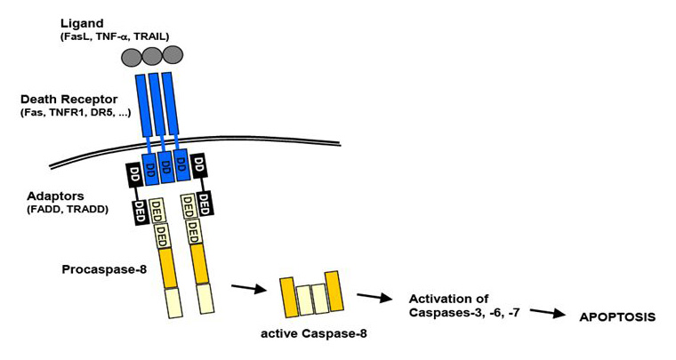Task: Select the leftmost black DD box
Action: pos(135,174)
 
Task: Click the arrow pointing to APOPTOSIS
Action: pos(552,313)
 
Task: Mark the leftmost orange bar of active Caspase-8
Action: pos(287,296)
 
